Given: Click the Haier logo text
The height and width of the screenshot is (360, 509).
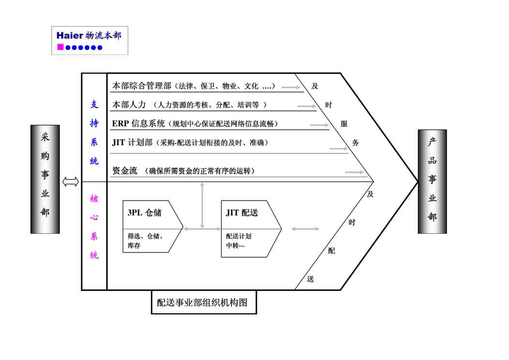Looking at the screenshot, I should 70,36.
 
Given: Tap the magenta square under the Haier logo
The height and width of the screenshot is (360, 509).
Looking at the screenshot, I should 60,47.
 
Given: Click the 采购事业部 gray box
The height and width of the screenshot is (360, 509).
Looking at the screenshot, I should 45,179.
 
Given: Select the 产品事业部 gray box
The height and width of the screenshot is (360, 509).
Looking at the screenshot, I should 432,181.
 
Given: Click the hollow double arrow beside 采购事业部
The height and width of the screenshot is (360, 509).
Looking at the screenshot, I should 71,181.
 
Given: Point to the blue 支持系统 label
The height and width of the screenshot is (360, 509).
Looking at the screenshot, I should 94,133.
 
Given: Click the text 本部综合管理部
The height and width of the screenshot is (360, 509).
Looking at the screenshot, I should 142,86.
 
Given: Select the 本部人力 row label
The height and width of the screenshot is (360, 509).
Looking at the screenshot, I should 129,105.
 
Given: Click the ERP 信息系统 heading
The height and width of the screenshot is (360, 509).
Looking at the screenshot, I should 139,123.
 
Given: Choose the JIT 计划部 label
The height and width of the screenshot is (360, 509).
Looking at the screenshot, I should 133,142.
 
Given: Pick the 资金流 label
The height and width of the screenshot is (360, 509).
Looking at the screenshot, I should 125,171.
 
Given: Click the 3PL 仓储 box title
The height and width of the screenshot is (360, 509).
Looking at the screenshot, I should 144,212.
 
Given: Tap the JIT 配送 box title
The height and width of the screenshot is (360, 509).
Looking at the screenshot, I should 242,212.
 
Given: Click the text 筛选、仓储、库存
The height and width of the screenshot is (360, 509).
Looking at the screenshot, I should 145,241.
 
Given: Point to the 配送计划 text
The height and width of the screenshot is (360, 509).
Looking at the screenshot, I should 239,237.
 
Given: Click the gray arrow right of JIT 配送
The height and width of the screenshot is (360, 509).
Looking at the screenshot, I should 305,228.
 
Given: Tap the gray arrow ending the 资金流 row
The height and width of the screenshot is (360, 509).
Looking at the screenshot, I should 355,172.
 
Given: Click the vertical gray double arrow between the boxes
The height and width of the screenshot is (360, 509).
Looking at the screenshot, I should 202,206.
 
